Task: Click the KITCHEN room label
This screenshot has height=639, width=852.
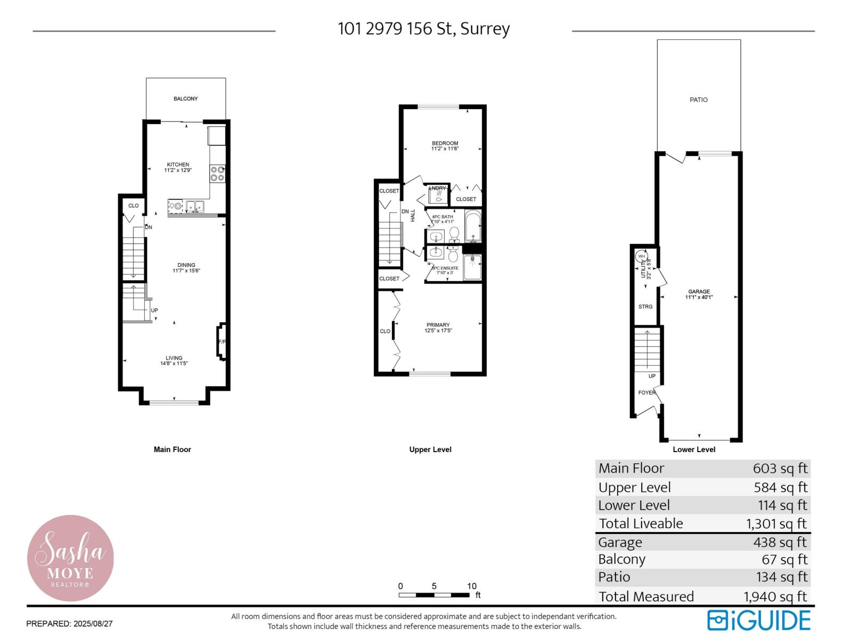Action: pyautogui.click(x=178, y=165)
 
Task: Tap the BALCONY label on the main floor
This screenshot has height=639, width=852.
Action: pyautogui.click(x=185, y=99)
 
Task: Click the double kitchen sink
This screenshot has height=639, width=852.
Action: pyautogui.click(x=194, y=206)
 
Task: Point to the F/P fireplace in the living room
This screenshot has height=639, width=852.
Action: pyautogui.click(x=222, y=341)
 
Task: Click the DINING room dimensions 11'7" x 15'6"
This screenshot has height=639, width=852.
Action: pyautogui.click(x=186, y=271)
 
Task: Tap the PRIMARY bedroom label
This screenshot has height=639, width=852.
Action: pyautogui.click(x=438, y=325)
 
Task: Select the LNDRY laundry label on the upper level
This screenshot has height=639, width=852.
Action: pyautogui.click(x=437, y=188)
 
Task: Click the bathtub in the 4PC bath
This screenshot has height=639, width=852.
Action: pyautogui.click(x=472, y=226)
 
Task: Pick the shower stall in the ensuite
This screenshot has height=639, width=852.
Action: pyautogui.click(x=472, y=267)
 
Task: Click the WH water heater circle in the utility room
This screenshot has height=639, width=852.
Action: pyautogui.click(x=642, y=257)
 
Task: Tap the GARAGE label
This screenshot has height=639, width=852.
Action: pyautogui.click(x=699, y=291)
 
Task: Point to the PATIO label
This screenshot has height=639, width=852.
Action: pyautogui.click(x=699, y=100)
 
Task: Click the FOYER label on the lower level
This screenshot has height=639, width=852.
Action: pyautogui.click(x=646, y=392)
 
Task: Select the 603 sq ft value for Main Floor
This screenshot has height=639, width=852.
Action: pyautogui.click(x=780, y=469)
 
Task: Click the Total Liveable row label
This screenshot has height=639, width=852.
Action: pyautogui.click(x=641, y=523)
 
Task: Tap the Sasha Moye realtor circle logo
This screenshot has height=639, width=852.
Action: pyautogui.click(x=70, y=558)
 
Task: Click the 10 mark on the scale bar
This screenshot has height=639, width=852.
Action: pyautogui.click(x=472, y=586)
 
